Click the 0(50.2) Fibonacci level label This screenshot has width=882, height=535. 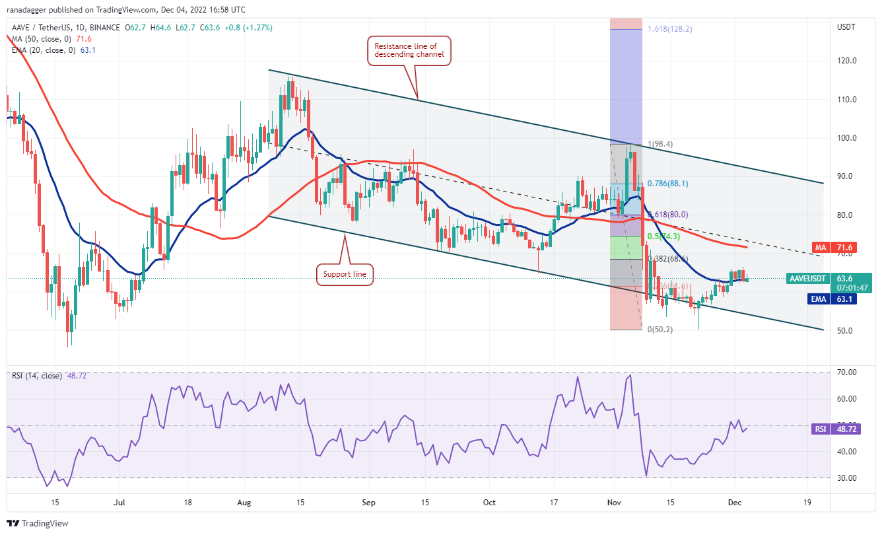(659, 329)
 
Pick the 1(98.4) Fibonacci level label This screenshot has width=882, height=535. (660, 144)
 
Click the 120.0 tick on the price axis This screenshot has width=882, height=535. (846, 61)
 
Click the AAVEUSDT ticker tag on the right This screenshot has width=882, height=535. (807, 279)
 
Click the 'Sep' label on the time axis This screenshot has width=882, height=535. (369, 502)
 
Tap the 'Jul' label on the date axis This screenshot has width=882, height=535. (119, 502)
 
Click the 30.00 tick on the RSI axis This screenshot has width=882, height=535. (847, 478)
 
